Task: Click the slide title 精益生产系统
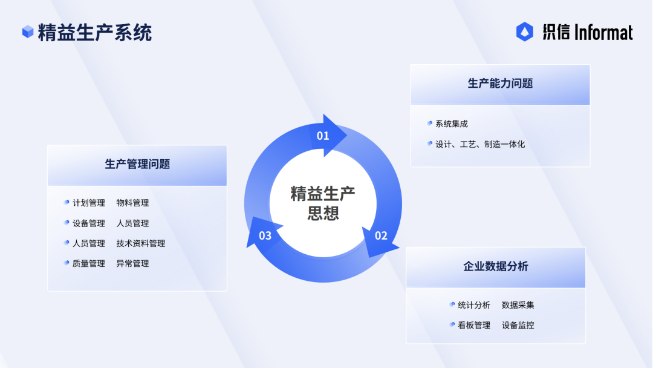(95, 33)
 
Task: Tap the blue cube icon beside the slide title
(28, 31)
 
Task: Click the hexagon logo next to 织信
(525, 31)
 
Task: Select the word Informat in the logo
(603, 33)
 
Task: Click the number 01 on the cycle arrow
(323, 136)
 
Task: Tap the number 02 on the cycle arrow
(381, 236)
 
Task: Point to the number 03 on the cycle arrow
(265, 236)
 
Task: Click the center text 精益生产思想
(323, 203)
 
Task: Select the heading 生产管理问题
(137, 164)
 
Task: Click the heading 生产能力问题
(500, 84)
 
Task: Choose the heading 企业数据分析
(496, 266)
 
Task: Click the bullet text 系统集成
(452, 124)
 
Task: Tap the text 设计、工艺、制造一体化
(480, 144)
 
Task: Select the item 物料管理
(132, 203)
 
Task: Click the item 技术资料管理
(141, 243)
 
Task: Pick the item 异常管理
(132, 263)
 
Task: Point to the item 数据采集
(518, 305)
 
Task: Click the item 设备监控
(518, 325)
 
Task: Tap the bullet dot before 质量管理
(67, 263)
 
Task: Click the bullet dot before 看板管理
(452, 324)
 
